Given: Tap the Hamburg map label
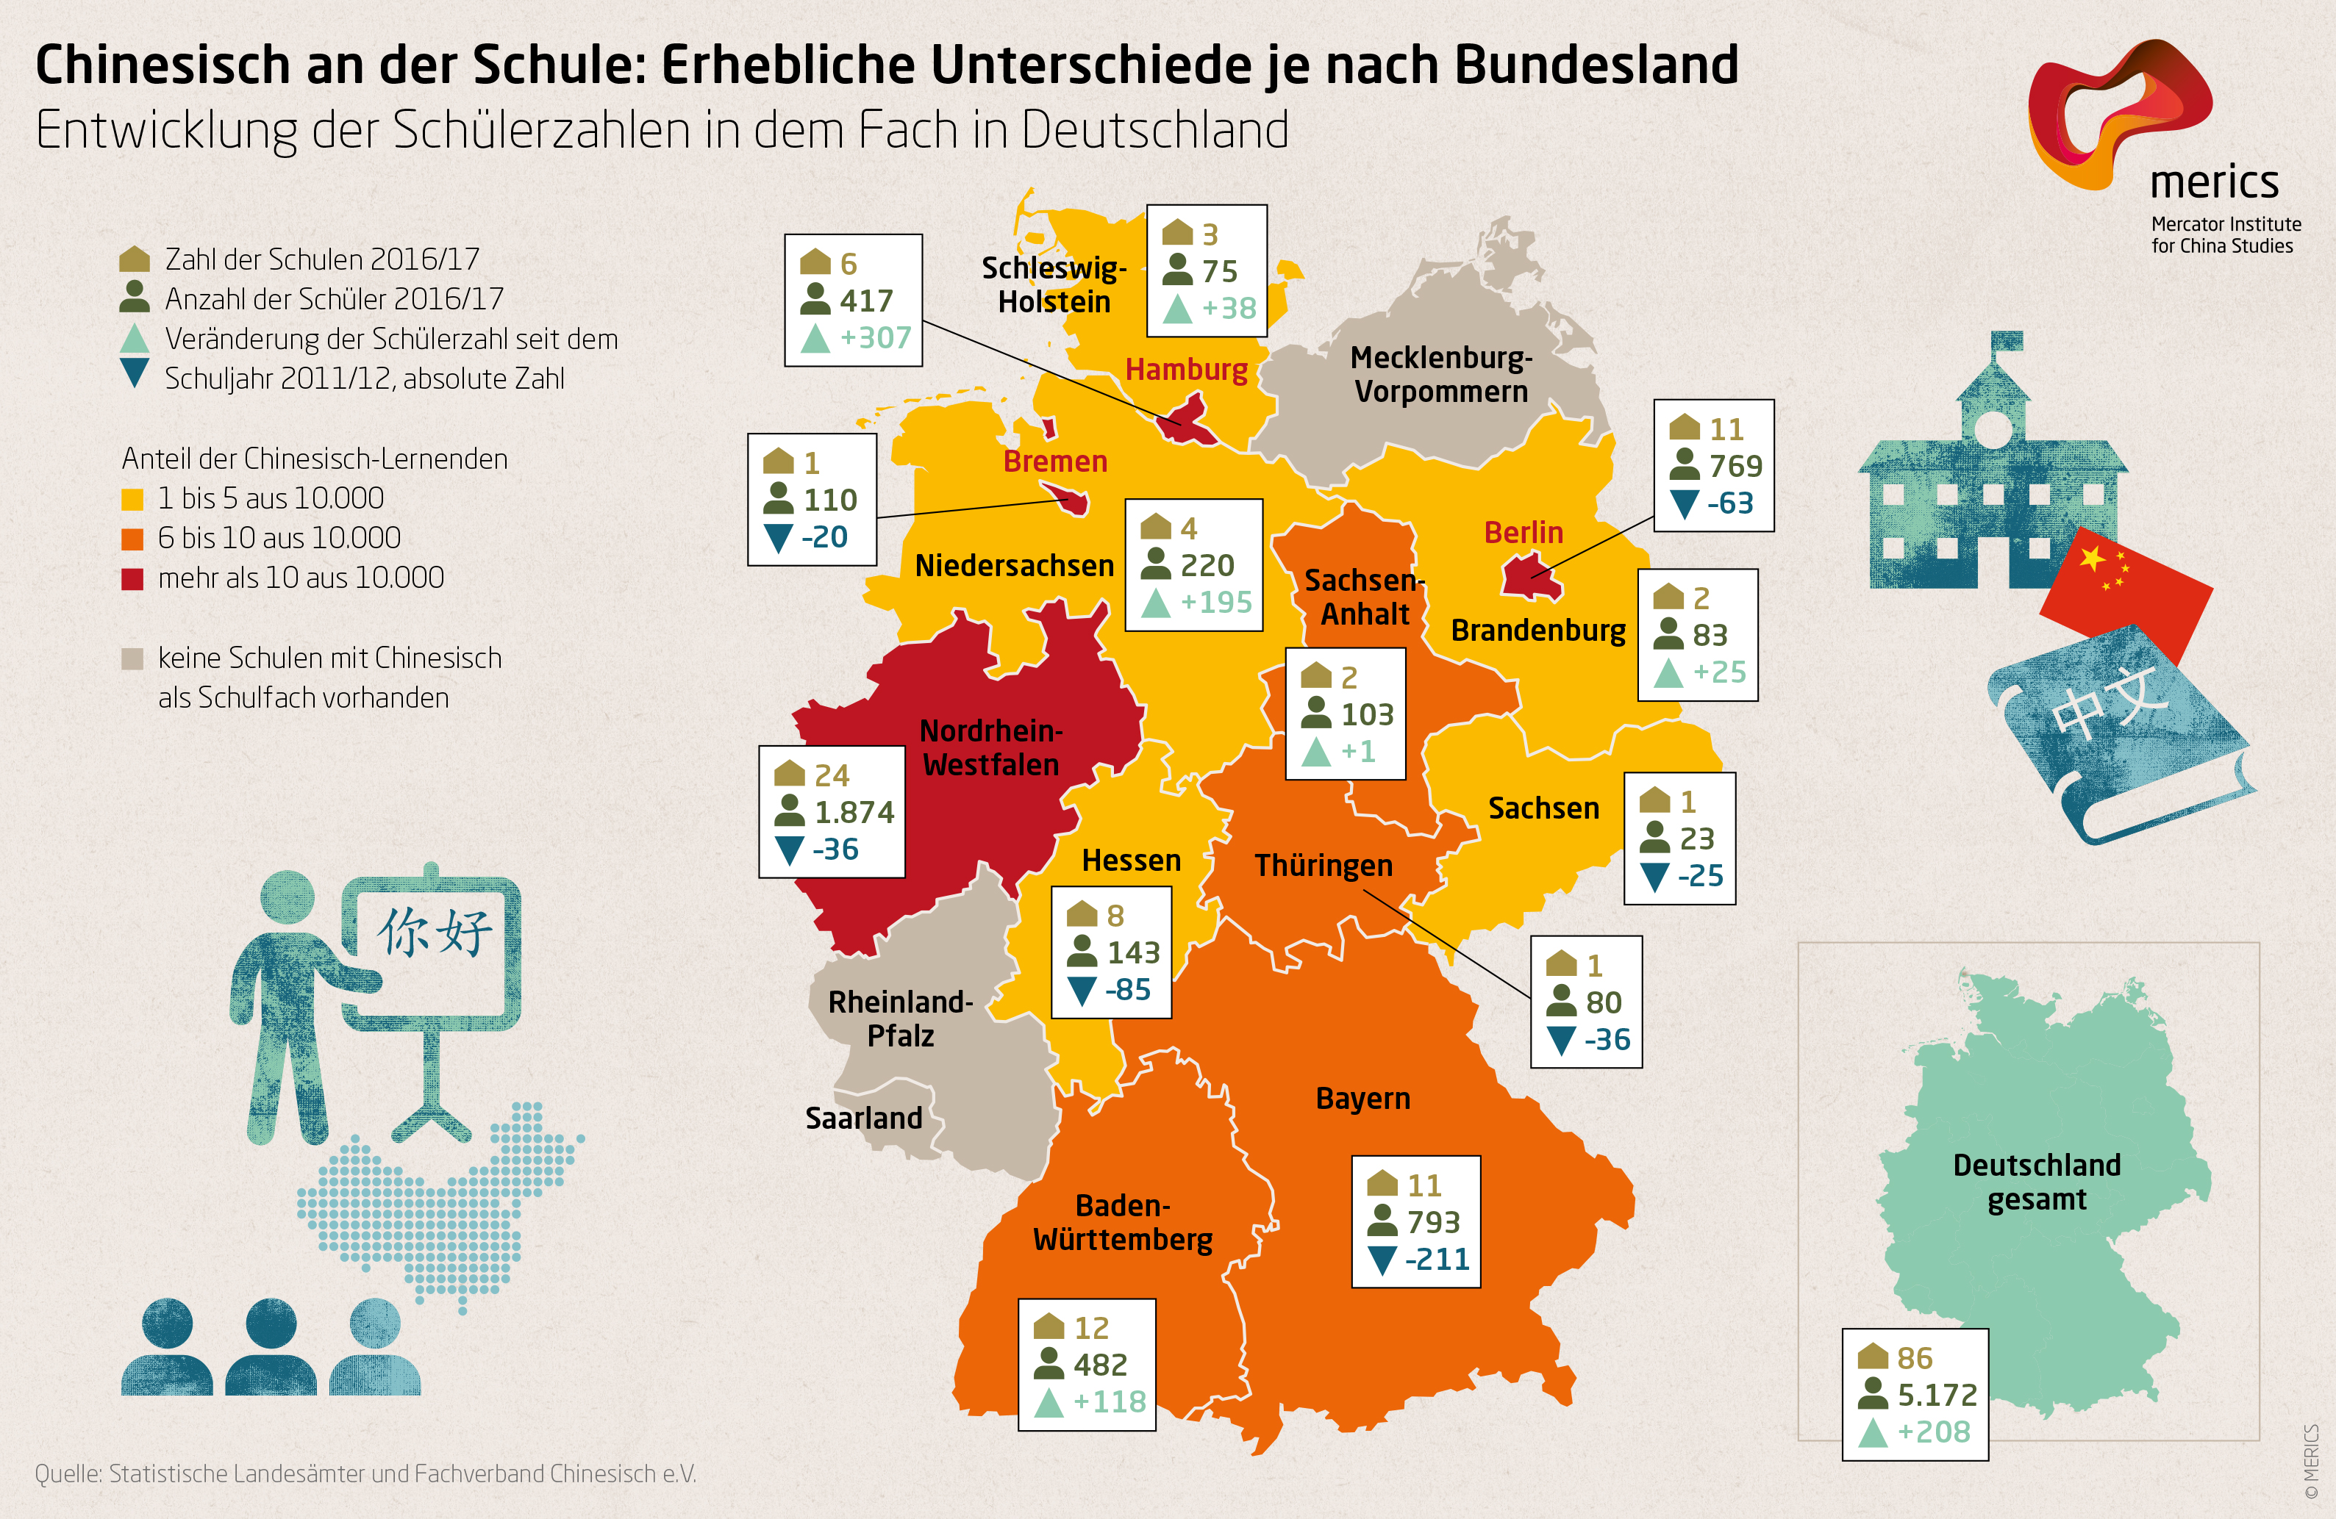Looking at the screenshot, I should pyautogui.click(x=1186, y=369).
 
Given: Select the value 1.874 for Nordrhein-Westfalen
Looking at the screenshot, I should pyautogui.click(x=854, y=813).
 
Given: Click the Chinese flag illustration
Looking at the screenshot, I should pyautogui.click(x=2125, y=589).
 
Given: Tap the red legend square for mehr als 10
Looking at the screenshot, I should pyautogui.click(x=132, y=579).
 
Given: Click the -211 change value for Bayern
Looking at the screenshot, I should pyautogui.click(x=1437, y=1259).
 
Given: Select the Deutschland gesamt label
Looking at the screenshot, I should pyautogui.click(x=2037, y=1182).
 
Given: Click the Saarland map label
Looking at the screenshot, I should pyautogui.click(x=864, y=1118).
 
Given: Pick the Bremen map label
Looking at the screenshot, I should pyautogui.click(x=1055, y=462).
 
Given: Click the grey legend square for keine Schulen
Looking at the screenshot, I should pyautogui.click(x=132, y=658).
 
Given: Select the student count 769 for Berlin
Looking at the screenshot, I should pyautogui.click(x=1735, y=466).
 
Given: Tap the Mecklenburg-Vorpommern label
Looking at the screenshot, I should pyautogui.click(x=1441, y=374).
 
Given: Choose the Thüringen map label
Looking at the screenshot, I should pyautogui.click(x=1323, y=866).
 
